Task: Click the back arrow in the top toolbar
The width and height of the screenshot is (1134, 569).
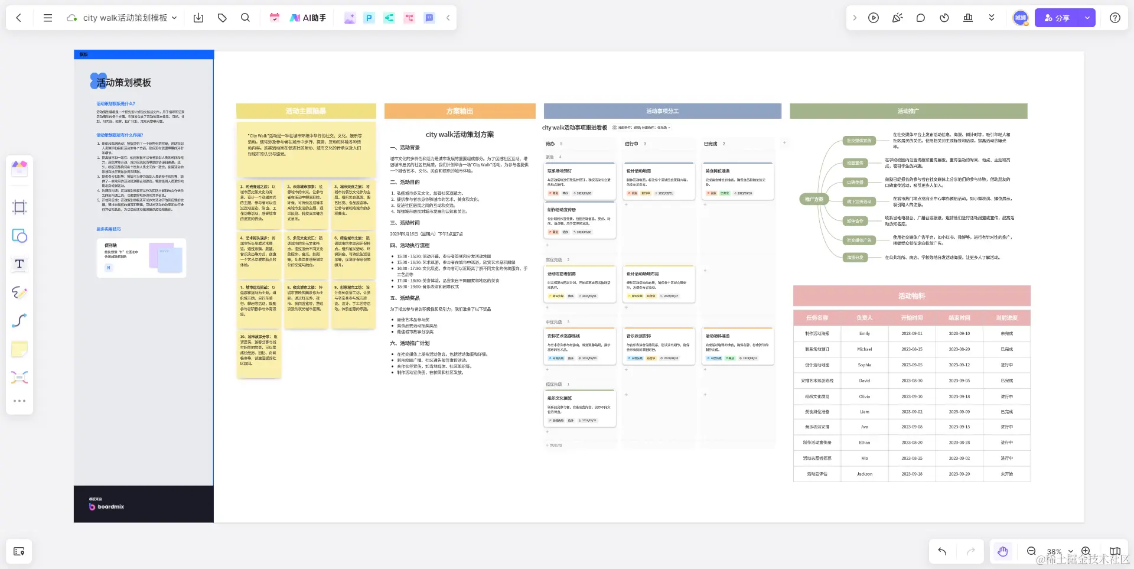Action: point(19,18)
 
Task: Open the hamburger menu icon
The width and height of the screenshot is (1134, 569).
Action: point(48,18)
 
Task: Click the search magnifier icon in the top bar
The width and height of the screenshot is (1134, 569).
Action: point(245,18)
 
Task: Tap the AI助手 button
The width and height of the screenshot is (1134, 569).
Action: point(308,18)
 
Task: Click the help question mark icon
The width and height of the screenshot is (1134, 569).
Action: point(1115,18)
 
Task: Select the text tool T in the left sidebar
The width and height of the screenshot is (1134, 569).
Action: point(19,264)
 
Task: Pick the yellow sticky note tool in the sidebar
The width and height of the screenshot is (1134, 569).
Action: point(19,349)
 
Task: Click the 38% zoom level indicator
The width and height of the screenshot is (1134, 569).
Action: point(1054,552)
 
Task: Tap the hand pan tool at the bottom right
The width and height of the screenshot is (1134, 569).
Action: point(1002,551)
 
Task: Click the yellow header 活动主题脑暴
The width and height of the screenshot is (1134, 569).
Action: point(306,111)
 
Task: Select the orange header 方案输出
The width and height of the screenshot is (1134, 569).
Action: point(460,111)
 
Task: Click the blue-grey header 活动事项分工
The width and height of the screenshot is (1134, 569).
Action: point(662,111)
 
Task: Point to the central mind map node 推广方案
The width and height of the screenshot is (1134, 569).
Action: point(814,199)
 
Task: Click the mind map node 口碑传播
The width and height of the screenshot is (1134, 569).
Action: point(855,183)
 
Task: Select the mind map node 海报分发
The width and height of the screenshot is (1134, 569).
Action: point(855,258)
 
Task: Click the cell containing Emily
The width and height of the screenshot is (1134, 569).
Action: point(864,334)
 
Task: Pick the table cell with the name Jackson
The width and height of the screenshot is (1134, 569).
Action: point(864,474)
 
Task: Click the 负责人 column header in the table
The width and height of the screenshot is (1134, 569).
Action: point(864,318)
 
